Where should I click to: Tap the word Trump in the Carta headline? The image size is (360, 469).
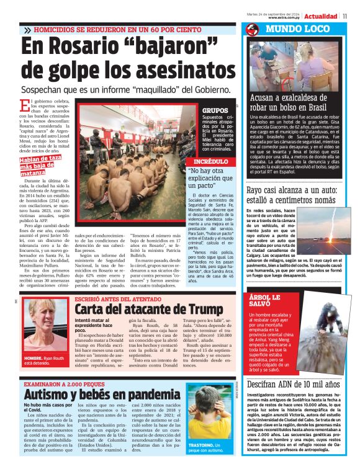(x=200, y=309)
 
